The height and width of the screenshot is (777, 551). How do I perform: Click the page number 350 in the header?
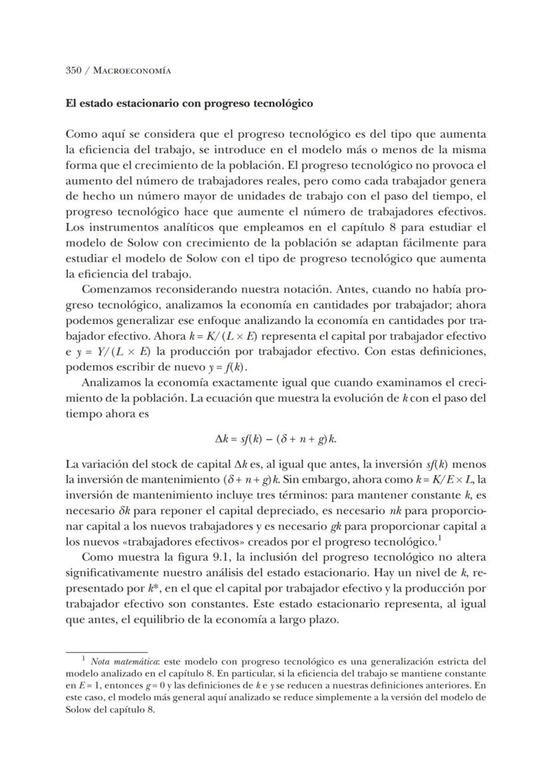[74, 70]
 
